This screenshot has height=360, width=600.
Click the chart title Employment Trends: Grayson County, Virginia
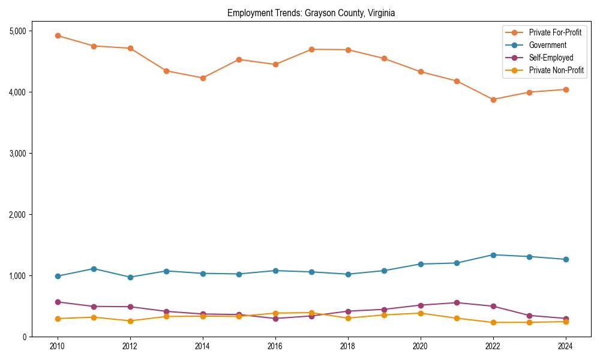pos(311,13)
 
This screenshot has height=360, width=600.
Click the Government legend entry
pos(547,45)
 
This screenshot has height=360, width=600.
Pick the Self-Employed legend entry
pos(551,58)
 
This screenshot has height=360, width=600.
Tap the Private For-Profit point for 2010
pos(58,35)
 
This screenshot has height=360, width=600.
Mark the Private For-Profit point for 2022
pos(493,100)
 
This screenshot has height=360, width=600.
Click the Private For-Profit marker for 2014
pos(203,78)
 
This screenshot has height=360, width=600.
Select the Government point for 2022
pos(493,255)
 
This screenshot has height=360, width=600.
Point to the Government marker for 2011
pos(94,269)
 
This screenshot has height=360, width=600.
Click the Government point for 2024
pos(566,259)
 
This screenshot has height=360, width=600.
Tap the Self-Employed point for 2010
pos(58,302)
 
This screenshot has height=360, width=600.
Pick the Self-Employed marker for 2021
pos(457,303)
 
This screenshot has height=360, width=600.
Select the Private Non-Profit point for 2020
pos(421,313)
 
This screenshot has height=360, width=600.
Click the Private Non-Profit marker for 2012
pos(130,321)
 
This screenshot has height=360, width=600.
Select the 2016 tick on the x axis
pos(275,346)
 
